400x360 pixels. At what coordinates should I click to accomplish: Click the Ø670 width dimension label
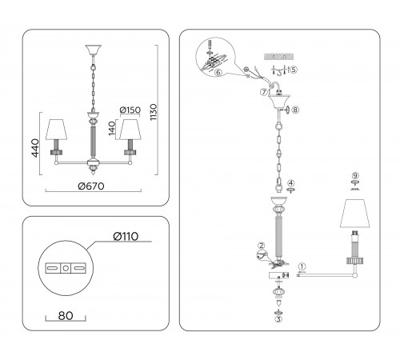click(91, 186)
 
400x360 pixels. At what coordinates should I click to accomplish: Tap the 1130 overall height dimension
click(154, 112)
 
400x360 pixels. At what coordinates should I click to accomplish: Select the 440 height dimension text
click(35, 148)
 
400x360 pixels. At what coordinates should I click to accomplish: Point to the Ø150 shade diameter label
click(130, 110)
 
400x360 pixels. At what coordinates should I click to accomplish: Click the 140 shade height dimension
click(112, 128)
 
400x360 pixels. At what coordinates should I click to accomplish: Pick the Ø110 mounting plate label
click(126, 236)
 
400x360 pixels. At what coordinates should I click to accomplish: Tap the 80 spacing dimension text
click(66, 316)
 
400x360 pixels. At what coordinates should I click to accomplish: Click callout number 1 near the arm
click(302, 266)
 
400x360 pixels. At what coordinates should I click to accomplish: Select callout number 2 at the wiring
click(261, 246)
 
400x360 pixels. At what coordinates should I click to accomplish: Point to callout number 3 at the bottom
click(278, 319)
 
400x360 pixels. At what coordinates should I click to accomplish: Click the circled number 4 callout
click(291, 183)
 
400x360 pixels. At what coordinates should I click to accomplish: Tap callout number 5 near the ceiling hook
click(293, 70)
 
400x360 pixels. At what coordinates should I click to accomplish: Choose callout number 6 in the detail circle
click(218, 72)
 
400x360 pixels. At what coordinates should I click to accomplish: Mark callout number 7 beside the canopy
click(264, 92)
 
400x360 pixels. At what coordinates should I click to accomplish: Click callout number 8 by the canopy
click(295, 110)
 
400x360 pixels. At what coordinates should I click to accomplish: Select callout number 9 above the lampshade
click(355, 175)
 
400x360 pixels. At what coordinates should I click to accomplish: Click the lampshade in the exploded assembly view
click(355, 213)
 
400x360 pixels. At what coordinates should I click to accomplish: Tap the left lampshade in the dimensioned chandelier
click(56, 130)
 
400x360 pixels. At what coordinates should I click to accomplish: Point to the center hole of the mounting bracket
click(66, 268)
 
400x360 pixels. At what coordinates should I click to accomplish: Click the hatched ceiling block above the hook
click(279, 57)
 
